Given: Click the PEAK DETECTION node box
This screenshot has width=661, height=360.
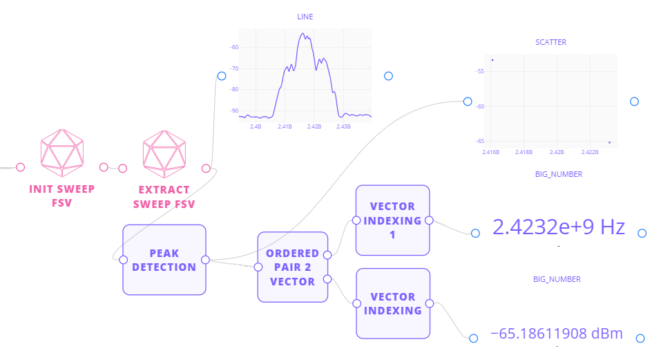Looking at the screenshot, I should (x=164, y=260).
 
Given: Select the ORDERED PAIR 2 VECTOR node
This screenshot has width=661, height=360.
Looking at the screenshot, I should (x=292, y=267).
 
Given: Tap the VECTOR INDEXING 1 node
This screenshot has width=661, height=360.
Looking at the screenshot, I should (x=392, y=220).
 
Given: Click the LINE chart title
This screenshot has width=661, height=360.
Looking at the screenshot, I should (x=305, y=16).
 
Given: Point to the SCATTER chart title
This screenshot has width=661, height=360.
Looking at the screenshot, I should (x=550, y=42).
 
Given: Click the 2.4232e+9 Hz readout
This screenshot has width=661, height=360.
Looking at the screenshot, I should (x=558, y=227).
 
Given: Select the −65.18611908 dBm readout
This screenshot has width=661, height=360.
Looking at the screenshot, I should (x=556, y=334).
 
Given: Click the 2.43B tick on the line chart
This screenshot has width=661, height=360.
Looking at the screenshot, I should (x=343, y=126).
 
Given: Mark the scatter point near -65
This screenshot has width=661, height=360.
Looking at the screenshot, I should (x=609, y=142).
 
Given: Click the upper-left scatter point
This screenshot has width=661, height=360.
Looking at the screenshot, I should (x=492, y=60).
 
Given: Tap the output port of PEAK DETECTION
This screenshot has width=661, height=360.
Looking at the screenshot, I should (x=205, y=260).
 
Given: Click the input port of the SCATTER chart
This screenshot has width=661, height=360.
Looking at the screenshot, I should (x=468, y=102).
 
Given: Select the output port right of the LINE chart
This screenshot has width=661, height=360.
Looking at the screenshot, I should (x=388, y=76).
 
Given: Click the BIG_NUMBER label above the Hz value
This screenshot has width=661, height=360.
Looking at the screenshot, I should (x=558, y=174).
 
